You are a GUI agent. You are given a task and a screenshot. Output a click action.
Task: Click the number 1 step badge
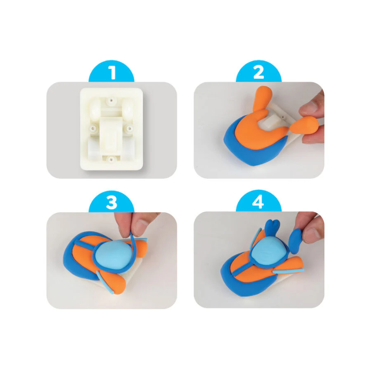coord(111,72)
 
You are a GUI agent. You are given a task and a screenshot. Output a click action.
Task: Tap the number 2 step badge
coord(259,72)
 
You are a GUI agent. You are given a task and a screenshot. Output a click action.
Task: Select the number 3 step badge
coord(111,202)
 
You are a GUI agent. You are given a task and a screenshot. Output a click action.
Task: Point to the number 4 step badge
coord(259,202)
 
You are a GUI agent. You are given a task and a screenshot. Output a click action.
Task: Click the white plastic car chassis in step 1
coord(111,129)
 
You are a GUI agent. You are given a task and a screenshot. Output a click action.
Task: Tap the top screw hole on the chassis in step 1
coord(111,100)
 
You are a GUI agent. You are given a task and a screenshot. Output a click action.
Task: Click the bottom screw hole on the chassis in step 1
coord(111,160)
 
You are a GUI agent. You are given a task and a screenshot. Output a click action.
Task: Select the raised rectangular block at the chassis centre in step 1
coord(111,134)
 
